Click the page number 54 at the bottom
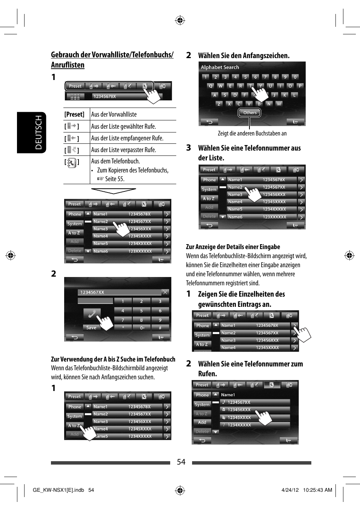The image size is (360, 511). (x=181, y=462)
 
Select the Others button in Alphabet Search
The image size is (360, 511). (x=249, y=113)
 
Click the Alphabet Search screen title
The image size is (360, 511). (x=220, y=67)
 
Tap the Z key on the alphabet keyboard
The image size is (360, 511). (x=219, y=104)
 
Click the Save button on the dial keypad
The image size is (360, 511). (x=91, y=328)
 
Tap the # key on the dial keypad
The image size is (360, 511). (x=160, y=328)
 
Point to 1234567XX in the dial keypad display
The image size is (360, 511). (x=92, y=292)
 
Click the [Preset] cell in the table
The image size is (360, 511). (x=74, y=114)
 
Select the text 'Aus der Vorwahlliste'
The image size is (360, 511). (x=114, y=114)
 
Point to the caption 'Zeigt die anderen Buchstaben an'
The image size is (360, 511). (x=252, y=133)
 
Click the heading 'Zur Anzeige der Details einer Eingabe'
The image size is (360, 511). (x=233, y=247)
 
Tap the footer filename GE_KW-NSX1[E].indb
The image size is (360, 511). (x=58, y=490)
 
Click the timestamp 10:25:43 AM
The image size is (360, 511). (x=317, y=490)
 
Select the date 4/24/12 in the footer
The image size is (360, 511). (x=290, y=490)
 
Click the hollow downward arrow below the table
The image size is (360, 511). (x=113, y=191)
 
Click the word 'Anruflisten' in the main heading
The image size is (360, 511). (x=68, y=65)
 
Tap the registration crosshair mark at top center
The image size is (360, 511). (x=180, y=20)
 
